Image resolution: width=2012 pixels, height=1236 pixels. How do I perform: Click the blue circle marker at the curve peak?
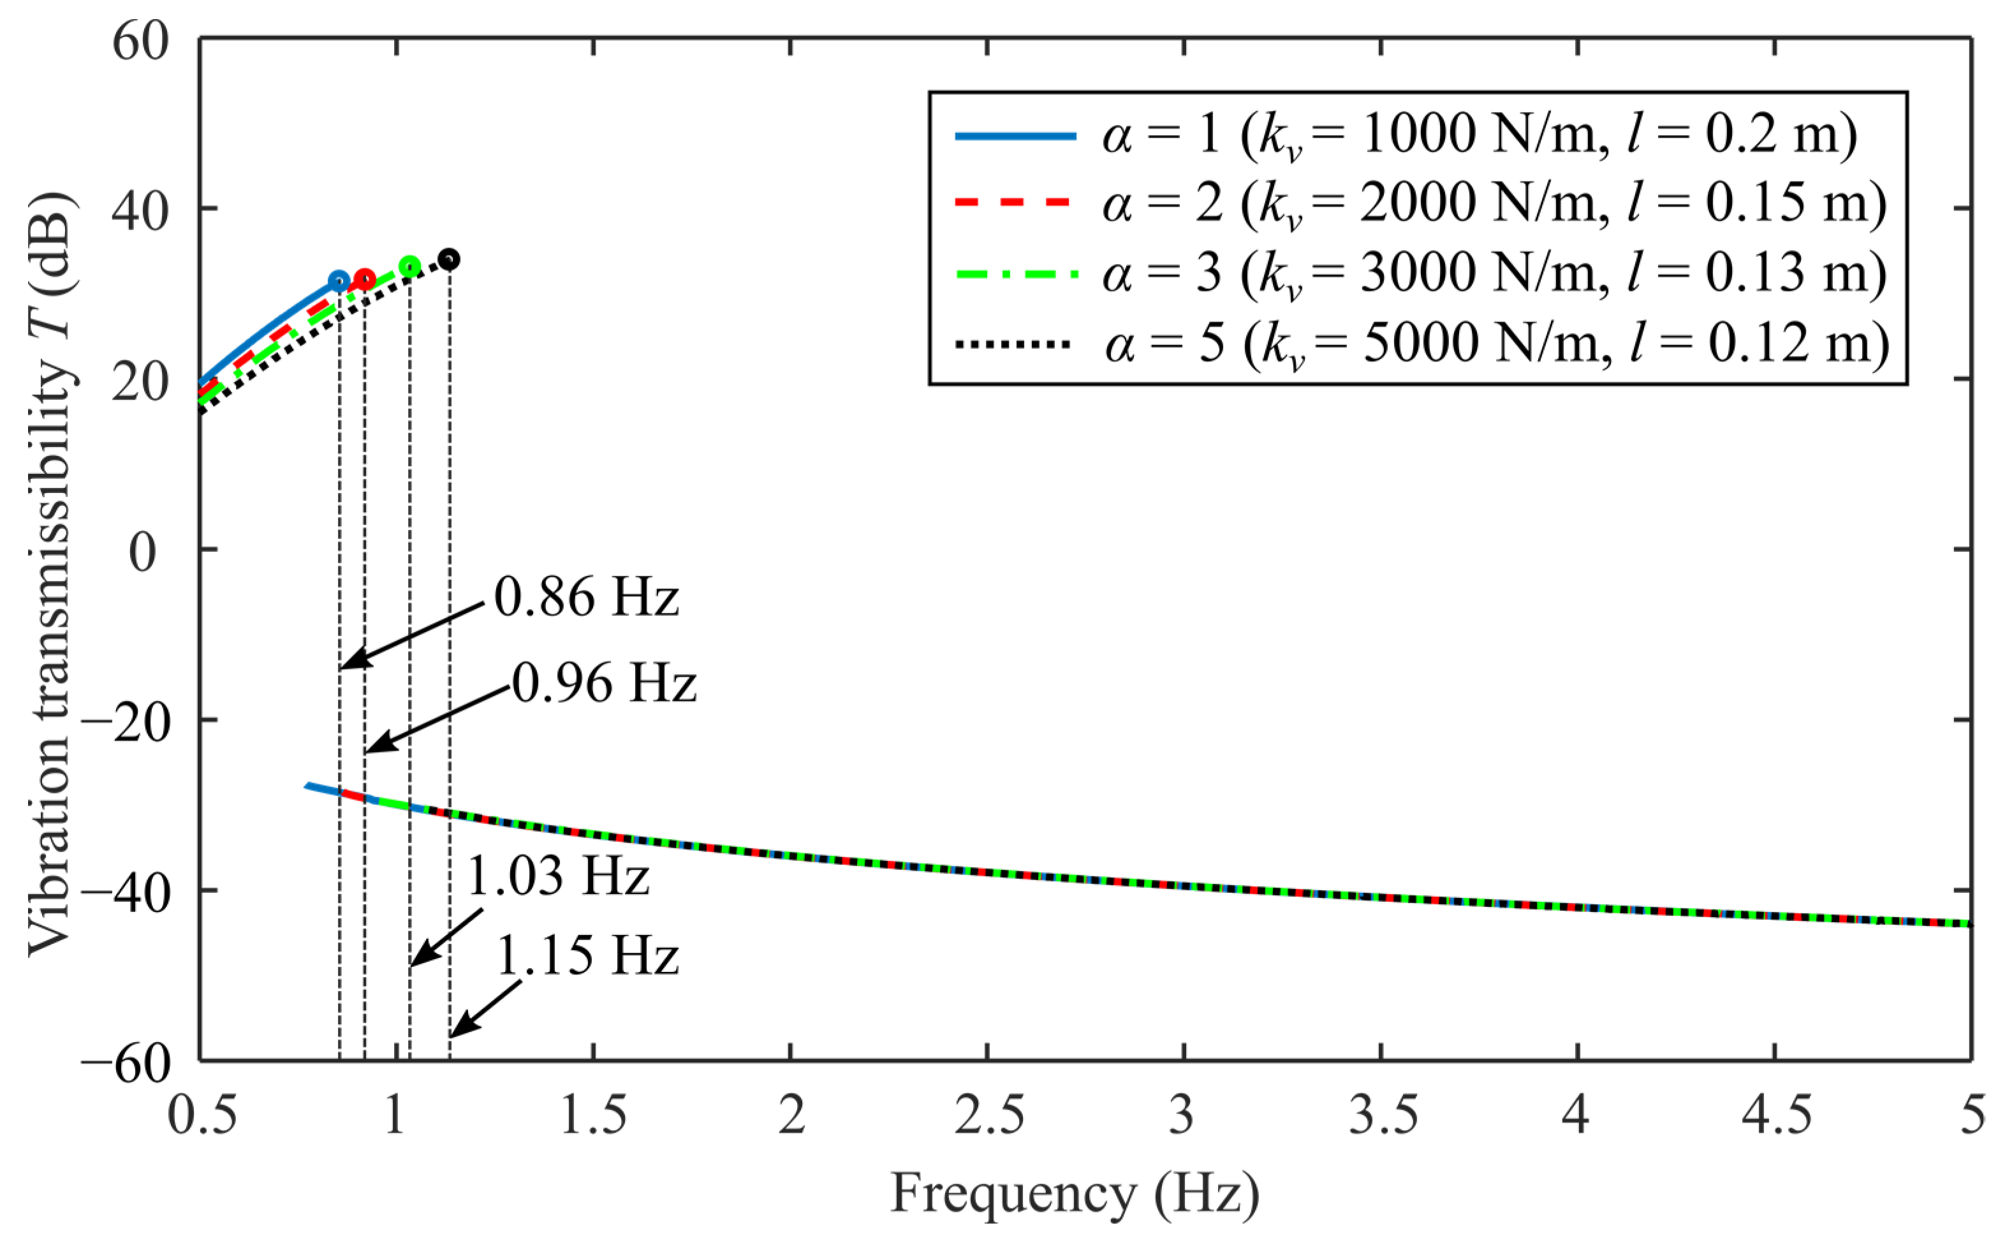(x=339, y=281)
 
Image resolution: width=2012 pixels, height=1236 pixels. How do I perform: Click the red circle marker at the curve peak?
(x=365, y=279)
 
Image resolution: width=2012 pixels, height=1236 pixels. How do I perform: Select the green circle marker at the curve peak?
(x=410, y=267)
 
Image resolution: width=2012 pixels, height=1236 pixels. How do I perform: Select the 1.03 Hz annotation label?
(x=557, y=876)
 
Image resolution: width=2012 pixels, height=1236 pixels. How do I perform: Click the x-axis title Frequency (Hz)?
(x=1075, y=1193)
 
